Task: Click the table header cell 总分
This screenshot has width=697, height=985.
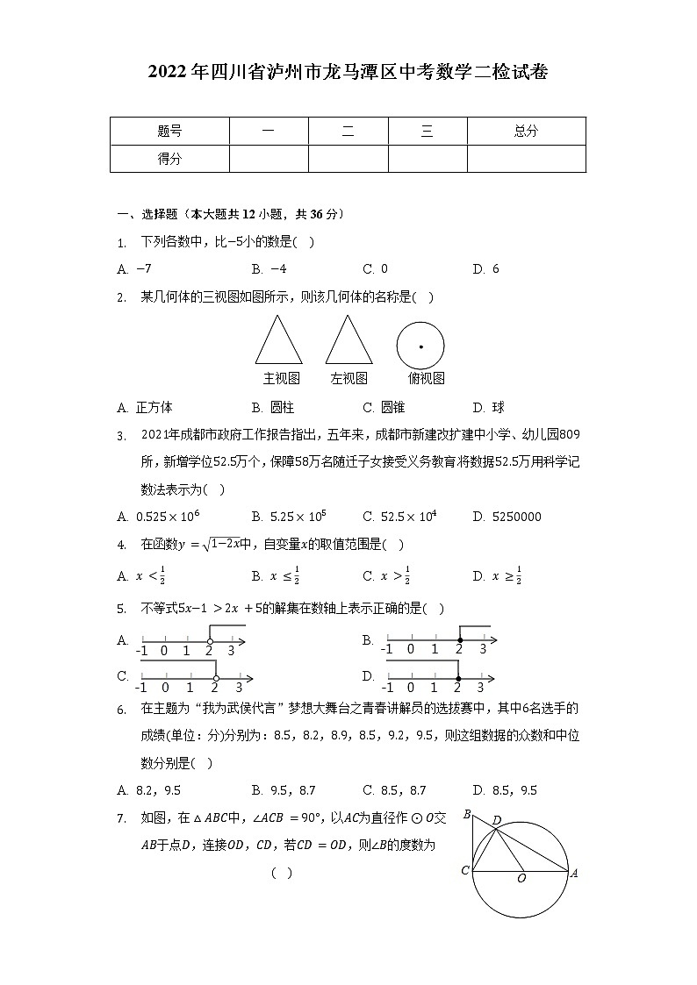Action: tap(526, 132)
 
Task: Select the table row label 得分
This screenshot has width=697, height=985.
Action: tap(169, 159)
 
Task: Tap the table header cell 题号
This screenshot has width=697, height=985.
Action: tap(169, 132)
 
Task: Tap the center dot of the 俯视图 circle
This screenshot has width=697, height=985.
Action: tap(420, 347)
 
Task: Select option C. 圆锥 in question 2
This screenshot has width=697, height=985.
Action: tap(384, 407)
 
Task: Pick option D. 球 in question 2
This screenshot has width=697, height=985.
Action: tap(488, 407)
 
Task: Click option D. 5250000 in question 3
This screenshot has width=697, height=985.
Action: tap(507, 517)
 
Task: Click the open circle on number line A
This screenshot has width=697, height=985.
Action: tap(209, 642)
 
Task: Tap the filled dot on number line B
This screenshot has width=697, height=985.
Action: tap(459, 641)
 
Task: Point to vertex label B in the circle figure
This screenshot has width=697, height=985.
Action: tap(467, 813)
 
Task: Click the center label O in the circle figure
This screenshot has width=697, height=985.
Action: tap(521, 879)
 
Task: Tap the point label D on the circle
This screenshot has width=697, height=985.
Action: tap(497, 820)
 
